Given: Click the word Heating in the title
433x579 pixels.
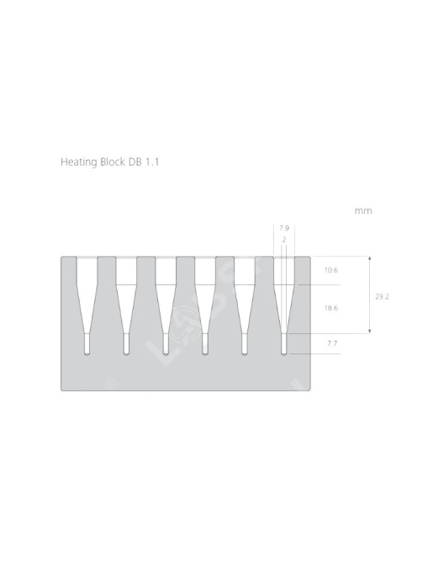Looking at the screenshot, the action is (79, 162).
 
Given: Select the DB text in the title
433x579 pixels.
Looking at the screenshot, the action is (135, 162).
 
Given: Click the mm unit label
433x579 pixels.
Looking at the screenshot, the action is (363, 211).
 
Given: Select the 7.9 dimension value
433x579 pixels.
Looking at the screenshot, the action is (284, 228).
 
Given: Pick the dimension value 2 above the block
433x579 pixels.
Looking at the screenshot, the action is (284, 240).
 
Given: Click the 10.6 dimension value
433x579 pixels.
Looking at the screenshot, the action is (330, 270).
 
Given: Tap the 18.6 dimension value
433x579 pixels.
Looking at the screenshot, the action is (330, 308).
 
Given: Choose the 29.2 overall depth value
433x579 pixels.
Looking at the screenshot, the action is (382, 296).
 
